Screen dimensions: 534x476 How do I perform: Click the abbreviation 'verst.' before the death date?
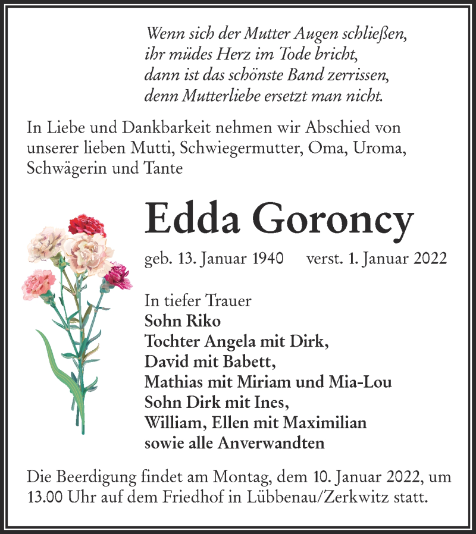(x=324, y=260)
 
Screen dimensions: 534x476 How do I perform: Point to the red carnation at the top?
(x=86, y=225)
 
